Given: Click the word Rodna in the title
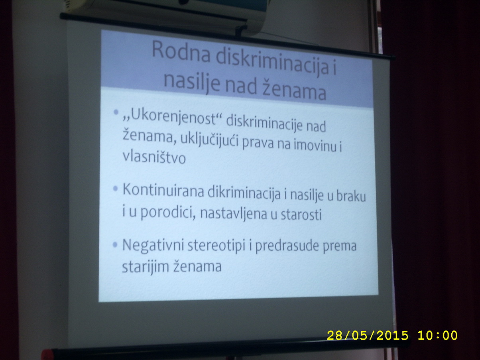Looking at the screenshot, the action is coord(181,53).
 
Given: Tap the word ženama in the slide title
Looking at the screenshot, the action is coord(294,90).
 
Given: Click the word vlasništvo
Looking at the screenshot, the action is coord(154,157).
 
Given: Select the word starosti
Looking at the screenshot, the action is coord(301,214).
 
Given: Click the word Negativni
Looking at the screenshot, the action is coord(153,245).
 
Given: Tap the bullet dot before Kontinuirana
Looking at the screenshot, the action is coord(116,189).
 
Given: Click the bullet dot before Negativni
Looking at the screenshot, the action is coord(115,245).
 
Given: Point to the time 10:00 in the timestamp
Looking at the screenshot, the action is coord(437,335).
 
